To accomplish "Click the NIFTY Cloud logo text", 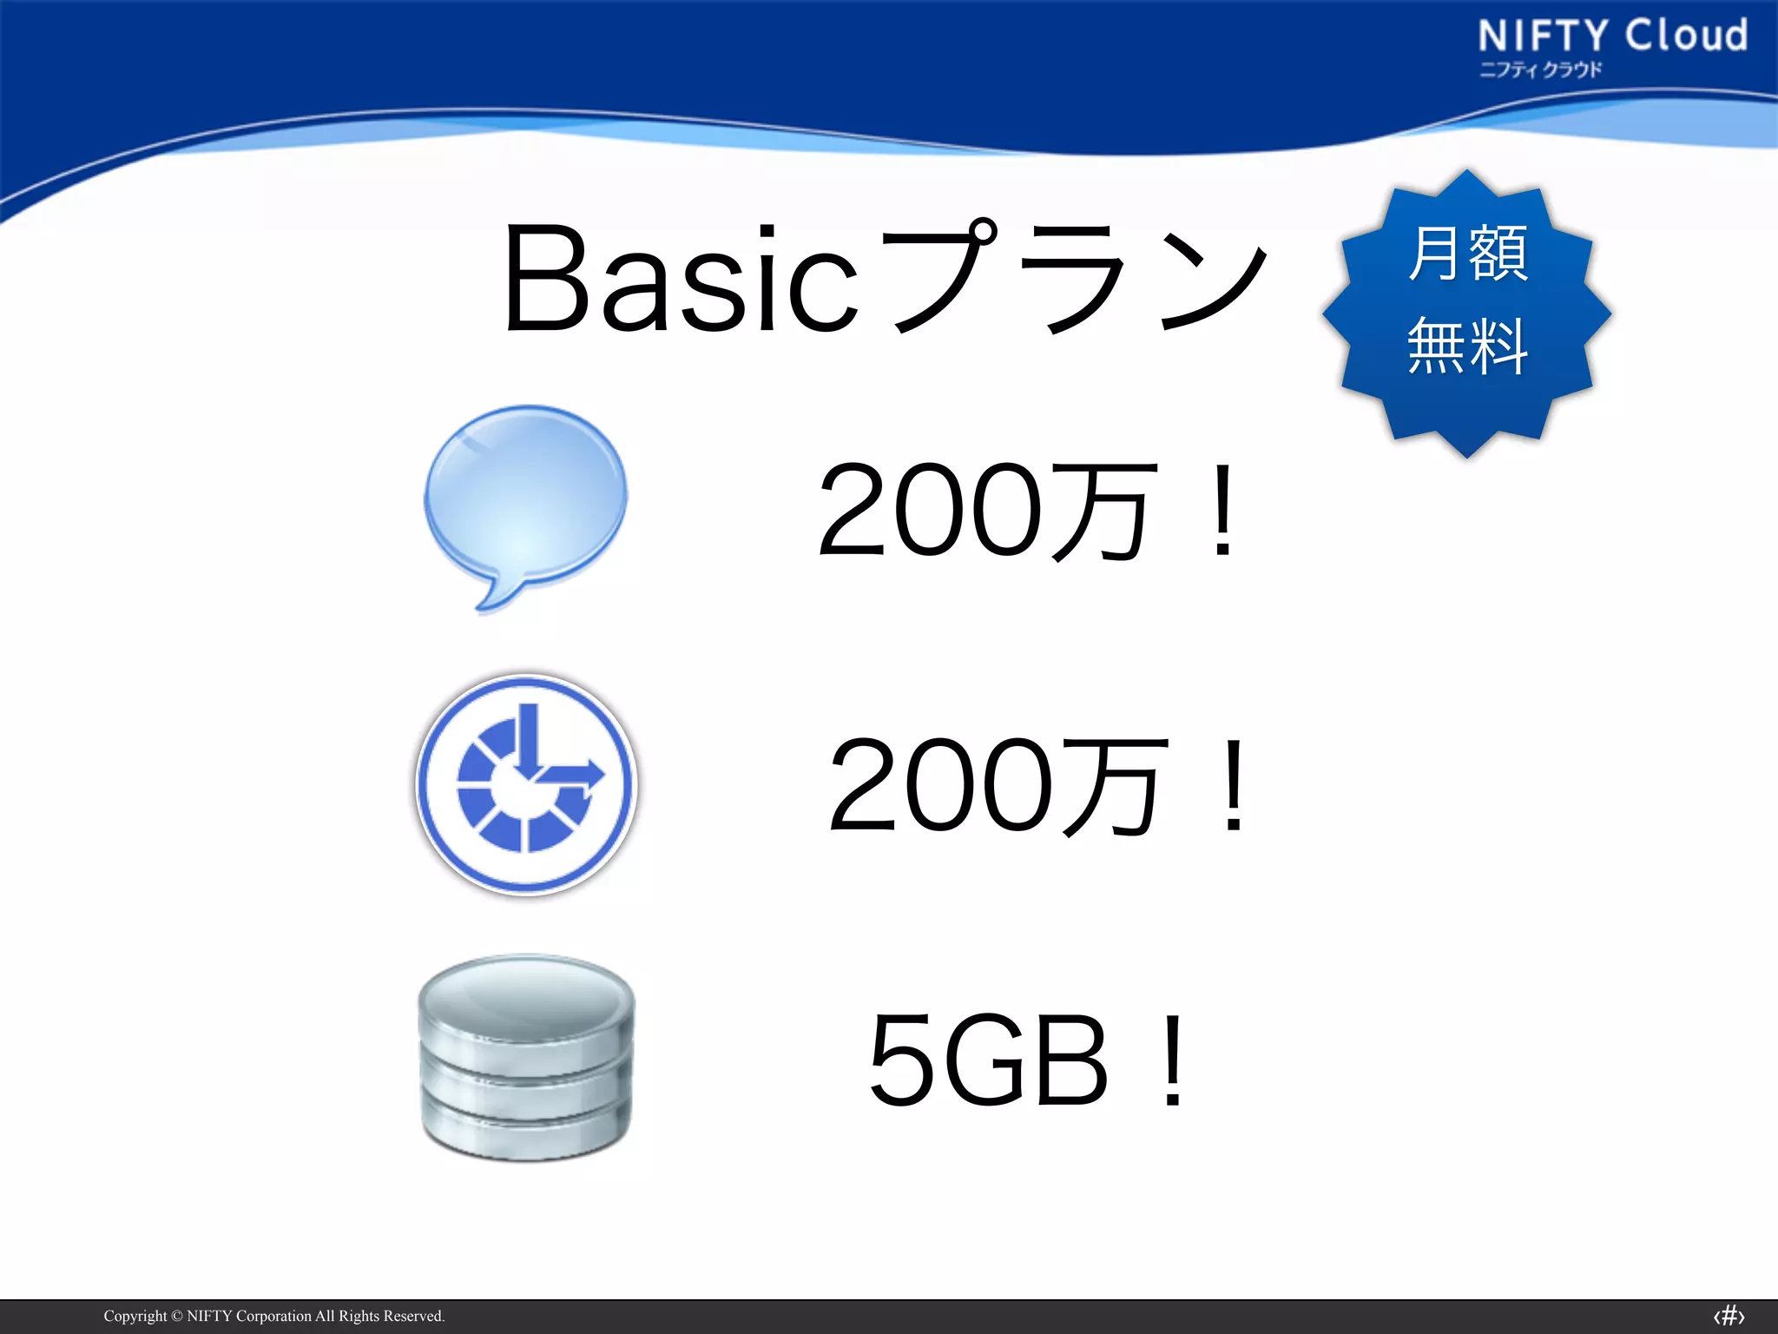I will pyautogui.click(x=1612, y=36).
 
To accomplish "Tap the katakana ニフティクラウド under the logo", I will pyautogui.click(x=1540, y=69).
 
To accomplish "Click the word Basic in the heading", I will pyautogui.click(x=682, y=280).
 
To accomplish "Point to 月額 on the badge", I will pyautogui.click(x=1467, y=253).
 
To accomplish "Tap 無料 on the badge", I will pyautogui.click(x=1467, y=346).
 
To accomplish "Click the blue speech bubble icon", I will pyautogui.click(x=526, y=495).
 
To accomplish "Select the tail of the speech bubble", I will pyautogui.click(x=491, y=596).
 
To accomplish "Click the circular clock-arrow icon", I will pyautogui.click(x=526, y=784).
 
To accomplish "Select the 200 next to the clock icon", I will pyautogui.click(x=941, y=785).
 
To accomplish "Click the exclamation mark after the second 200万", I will pyautogui.click(x=1234, y=785).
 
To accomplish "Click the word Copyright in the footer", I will pyautogui.click(x=135, y=1316).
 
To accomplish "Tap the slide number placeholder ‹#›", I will pyautogui.click(x=1729, y=1316).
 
